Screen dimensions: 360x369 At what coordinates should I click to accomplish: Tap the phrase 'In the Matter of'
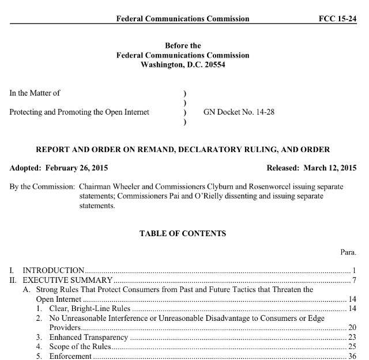pyautogui.click(x=35, y=92)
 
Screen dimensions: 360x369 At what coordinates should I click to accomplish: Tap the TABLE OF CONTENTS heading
pyautogui.click(x=182, y=234)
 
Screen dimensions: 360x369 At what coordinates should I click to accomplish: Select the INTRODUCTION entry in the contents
pyautogui.click(x=54, y=270)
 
